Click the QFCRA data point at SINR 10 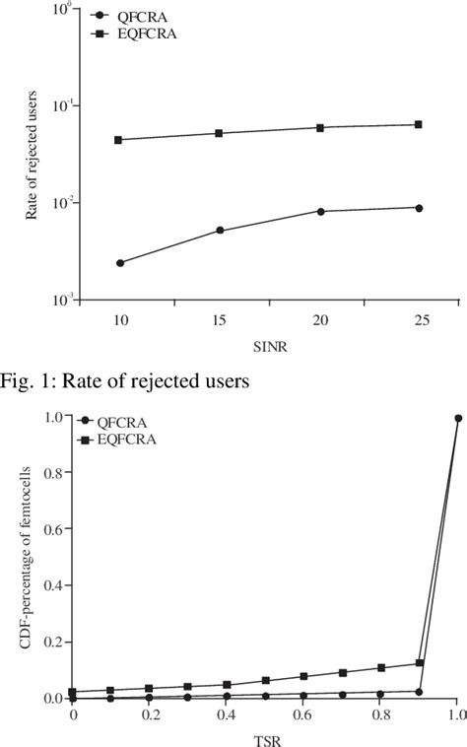pyautogui.click(x=120, y=263)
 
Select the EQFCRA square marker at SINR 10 pyautogui.click(x=120, y=140)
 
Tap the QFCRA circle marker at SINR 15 pyautogui.click(x=220, y=231)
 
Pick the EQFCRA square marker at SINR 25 pyautogui.click(x=419, y=124)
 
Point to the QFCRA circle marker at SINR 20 pyautogui.click(x=320, y=211)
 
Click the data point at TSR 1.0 pyautogui.click(x=458, y=418)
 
